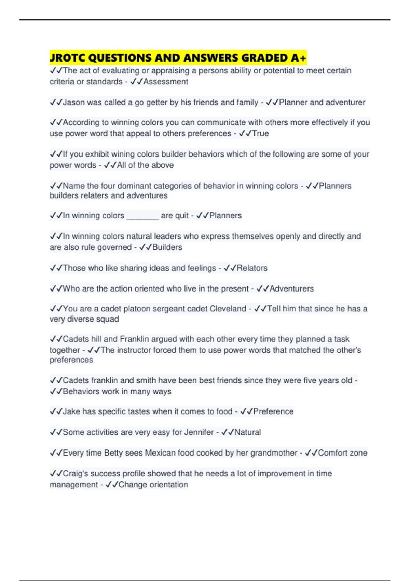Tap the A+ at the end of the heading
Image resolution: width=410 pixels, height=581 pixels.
click(x=298, y=58)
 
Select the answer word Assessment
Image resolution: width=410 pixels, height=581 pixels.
click(x=166, y=82)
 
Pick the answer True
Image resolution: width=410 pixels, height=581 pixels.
click(x=260, y=133)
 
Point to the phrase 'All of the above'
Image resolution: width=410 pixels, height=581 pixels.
click(x=145, y=165)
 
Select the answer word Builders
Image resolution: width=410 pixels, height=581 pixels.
click(x=167, y=247)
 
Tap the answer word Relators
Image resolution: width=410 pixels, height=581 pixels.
click(x=252, y=268)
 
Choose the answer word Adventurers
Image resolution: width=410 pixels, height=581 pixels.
click(x=291, y=288)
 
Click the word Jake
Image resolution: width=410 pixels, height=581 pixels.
click(x=71, y=411)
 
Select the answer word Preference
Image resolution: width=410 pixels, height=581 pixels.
click(x=273, y=411)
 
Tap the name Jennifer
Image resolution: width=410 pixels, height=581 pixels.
click(x=199, y=432)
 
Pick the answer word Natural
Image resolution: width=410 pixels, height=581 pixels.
click(x=247, y=432)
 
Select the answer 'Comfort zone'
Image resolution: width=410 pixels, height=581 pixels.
click(x=342, y=453)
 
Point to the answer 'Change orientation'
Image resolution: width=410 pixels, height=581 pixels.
click(x=153, y=485)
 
